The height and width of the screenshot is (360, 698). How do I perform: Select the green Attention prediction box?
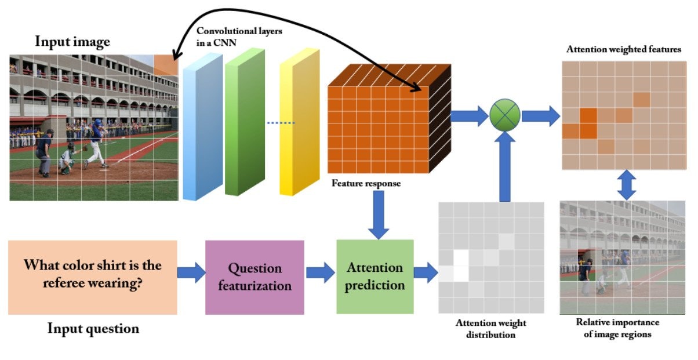point(375,277)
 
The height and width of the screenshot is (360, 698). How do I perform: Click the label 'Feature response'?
point(365,184)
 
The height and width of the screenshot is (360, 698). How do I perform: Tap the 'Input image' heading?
point(72,42)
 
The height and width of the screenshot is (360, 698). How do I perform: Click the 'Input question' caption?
point(93,329)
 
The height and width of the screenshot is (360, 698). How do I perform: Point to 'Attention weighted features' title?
point(623,50)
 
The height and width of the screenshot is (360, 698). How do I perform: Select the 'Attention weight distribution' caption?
point(491,329)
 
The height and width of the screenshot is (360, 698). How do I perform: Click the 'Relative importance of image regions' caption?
point(617,328)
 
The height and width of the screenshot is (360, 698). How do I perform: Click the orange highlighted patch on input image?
point(166,64)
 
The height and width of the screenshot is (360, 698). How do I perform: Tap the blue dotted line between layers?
point(281,123)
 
